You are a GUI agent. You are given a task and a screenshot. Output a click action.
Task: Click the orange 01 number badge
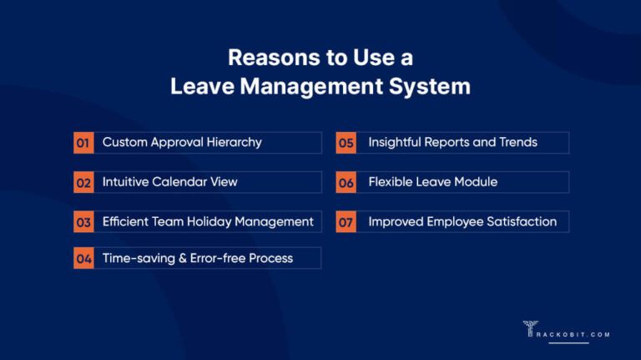coord(83,143)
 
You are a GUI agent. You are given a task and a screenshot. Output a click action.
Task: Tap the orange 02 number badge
coord(83,182)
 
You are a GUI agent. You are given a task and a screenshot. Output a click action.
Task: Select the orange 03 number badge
coord(83,221)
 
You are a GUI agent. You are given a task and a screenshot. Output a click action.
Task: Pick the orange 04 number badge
coord(83,259)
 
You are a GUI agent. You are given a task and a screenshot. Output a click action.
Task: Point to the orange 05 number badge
coord(346,143)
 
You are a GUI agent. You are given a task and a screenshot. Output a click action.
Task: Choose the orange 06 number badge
coord(346,182)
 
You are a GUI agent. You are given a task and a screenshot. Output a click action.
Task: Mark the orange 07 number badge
coord(346,221)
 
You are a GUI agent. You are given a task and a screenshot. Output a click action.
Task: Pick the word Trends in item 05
coord(518,142)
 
